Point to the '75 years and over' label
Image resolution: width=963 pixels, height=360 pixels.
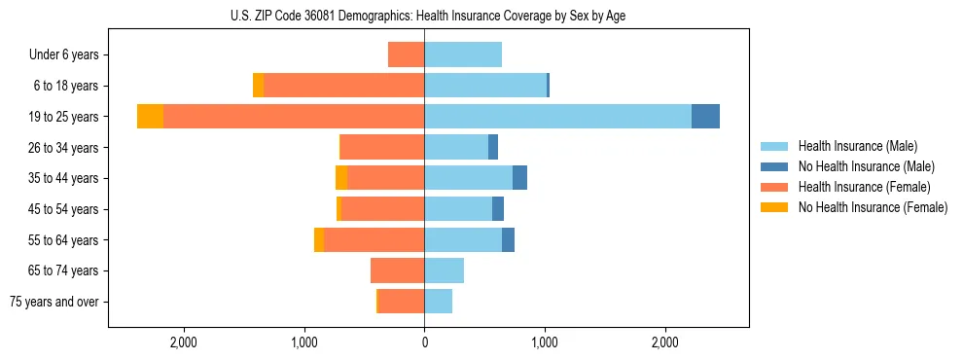coord(54,302)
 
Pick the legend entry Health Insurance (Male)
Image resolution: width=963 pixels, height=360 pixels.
coord(857,146)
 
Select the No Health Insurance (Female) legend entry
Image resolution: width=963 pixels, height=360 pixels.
coord(873,207)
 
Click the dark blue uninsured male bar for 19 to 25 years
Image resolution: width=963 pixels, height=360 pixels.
coord(705,117)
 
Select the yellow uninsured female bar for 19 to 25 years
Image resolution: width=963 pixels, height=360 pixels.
coord(150,117)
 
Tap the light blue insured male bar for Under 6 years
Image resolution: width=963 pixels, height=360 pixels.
coord(463,55)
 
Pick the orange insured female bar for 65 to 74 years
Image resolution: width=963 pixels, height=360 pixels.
coord(398,270)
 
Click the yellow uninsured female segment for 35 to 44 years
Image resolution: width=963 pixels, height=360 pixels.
coord(341,178)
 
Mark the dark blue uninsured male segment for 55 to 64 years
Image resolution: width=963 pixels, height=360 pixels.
coord(508,240)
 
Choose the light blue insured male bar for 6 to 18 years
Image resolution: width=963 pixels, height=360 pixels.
coord(485,86)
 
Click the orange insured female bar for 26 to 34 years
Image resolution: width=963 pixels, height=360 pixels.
coord(382,148)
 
